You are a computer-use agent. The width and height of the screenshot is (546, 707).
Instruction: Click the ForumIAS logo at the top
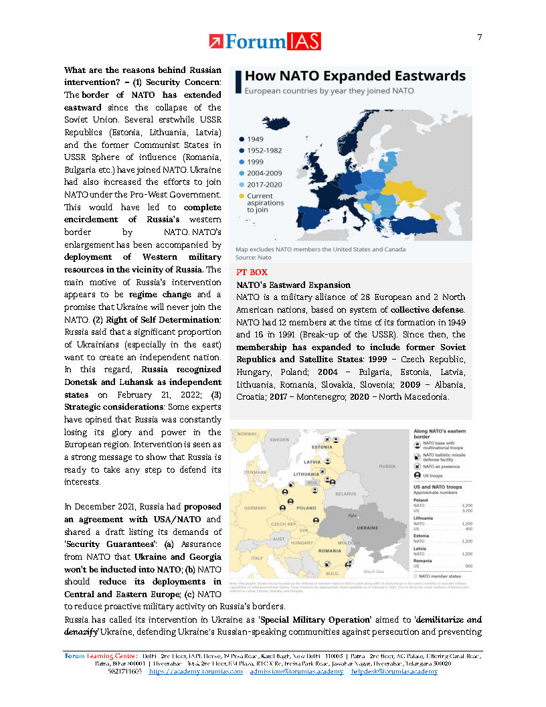[x=264, y=42]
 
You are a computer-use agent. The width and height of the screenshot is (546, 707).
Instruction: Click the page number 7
[x=479, y=37]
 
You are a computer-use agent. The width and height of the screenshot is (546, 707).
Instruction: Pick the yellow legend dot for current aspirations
[x=242, y=196]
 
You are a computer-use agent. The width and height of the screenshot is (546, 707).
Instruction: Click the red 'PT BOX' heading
[x=251, y=272]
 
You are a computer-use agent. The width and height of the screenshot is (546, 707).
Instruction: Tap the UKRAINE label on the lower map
[x=367, y=528]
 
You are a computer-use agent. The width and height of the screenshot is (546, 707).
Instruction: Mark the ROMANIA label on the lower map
[x=329, y=550]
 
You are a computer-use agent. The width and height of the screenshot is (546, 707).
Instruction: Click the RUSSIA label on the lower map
[x=387, y=466]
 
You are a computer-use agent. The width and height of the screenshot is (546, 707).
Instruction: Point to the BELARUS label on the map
[x=345, y=493]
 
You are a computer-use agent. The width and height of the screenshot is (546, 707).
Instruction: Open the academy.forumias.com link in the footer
[x=195, y=671]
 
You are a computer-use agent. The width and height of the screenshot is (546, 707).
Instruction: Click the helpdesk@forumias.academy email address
[x=395, y=671]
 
